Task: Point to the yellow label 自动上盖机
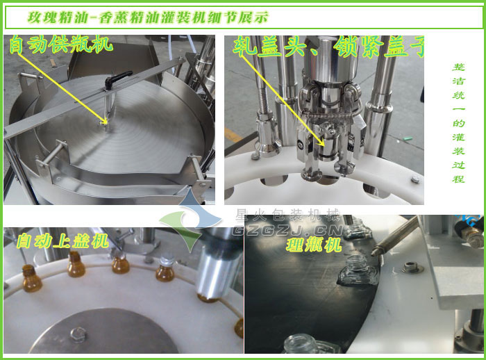62,242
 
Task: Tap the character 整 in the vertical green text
458,67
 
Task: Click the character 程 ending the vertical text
458,179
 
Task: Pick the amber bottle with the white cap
165,268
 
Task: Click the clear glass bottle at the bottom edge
303,345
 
